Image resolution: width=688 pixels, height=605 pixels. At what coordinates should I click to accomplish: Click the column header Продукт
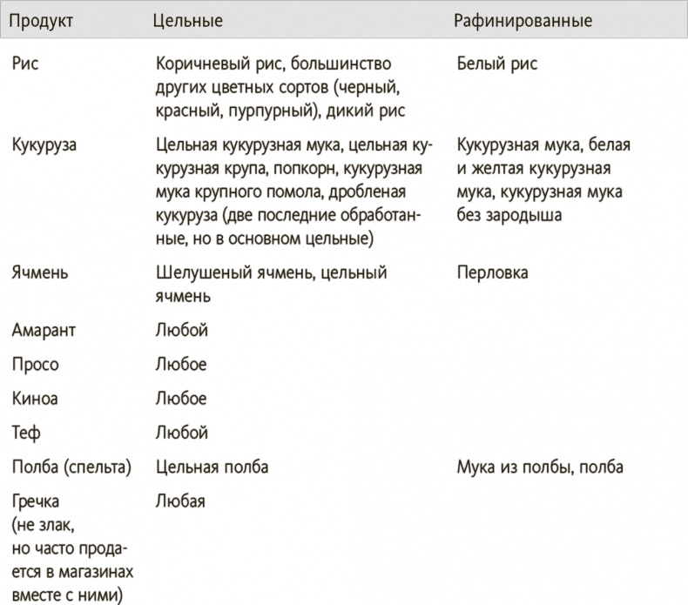point(43,20)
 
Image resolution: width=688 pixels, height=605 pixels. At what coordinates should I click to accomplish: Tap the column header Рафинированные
point(523,20)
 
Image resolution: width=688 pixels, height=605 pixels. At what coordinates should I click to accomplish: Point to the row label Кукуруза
point(44,145)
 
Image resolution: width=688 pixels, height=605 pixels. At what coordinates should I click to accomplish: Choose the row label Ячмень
point(41,273)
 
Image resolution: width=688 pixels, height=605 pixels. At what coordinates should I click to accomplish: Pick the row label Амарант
point(45,330)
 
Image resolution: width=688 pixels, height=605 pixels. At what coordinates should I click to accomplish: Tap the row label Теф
point(27,432)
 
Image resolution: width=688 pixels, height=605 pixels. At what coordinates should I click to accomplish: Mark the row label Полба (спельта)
point(72,467)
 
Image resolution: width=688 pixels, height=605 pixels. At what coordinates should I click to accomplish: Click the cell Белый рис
point(496,64)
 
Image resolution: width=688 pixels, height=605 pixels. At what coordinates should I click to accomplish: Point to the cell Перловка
point(492,273)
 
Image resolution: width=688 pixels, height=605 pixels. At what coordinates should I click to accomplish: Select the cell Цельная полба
point(212,467)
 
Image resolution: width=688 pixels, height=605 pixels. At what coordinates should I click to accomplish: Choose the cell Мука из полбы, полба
point(540,467)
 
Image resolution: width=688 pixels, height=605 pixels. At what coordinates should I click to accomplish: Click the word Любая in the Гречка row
point(180,501)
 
